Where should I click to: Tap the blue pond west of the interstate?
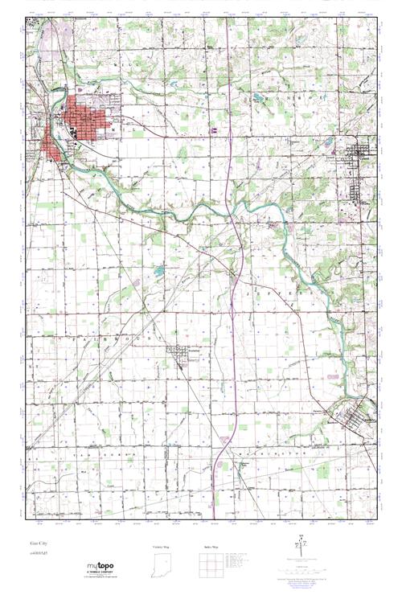pos(159,271)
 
